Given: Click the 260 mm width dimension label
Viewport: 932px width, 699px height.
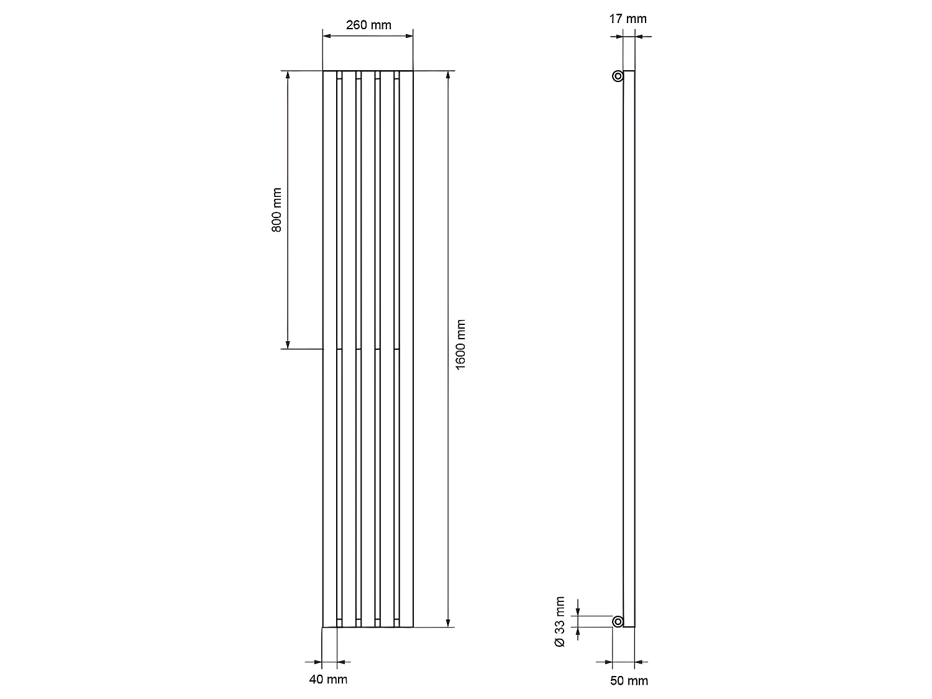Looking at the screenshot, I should click(x=368, y=25).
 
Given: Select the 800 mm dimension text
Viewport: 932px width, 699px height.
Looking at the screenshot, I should click(x=276, y=210).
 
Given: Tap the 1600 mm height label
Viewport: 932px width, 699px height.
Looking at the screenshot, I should click(x=460, y=345).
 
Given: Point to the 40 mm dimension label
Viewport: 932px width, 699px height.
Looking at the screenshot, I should click(x=328, y=679).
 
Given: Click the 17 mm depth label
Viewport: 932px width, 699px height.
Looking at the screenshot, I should click(x=628, y=19).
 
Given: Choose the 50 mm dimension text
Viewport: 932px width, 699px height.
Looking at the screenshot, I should click(x=629, y=681).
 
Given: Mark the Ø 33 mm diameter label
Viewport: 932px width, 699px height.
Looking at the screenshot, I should click(x=560, y=622).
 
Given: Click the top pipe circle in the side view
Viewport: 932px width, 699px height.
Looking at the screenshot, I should click(x=618, y=76).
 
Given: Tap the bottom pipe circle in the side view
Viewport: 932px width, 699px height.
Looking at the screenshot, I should click(x=618, y=621).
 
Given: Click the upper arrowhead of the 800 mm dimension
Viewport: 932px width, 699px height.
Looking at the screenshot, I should click(x=288, y=75).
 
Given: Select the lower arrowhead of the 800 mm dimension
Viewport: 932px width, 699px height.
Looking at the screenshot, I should click(x=288, y=344).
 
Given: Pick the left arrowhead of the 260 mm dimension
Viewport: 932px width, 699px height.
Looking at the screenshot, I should click(x=327, y=37).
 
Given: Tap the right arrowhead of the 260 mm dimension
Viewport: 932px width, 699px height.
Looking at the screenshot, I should click(x=409, y=37).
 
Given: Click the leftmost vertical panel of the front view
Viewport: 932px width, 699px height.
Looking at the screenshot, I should click(x=329, y=348).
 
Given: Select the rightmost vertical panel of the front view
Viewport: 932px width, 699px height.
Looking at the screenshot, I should click(x=406, y=348).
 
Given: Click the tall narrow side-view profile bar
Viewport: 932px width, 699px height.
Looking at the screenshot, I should click(x=629, y=348).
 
